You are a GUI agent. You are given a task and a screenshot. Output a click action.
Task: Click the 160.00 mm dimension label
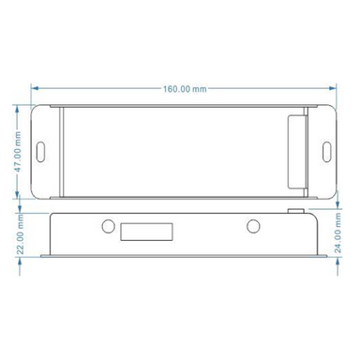tap(184, 91)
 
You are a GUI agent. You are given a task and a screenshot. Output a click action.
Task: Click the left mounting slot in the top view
tap(42, 150)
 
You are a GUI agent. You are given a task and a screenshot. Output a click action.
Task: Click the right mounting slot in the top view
tap(325, 150)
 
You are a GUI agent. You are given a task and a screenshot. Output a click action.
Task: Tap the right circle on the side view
tap(252, 226)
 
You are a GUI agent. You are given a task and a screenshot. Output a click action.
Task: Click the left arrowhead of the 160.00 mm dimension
tap(35, 91)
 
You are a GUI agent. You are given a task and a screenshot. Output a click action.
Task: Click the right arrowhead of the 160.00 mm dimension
tap(333, 91)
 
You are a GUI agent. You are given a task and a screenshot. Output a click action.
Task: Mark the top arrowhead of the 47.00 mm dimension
tap(19, 106)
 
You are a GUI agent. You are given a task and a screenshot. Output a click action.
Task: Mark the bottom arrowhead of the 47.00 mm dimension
tap(19, 195)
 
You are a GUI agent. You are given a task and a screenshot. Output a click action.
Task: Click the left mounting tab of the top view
tap(43, 150)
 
